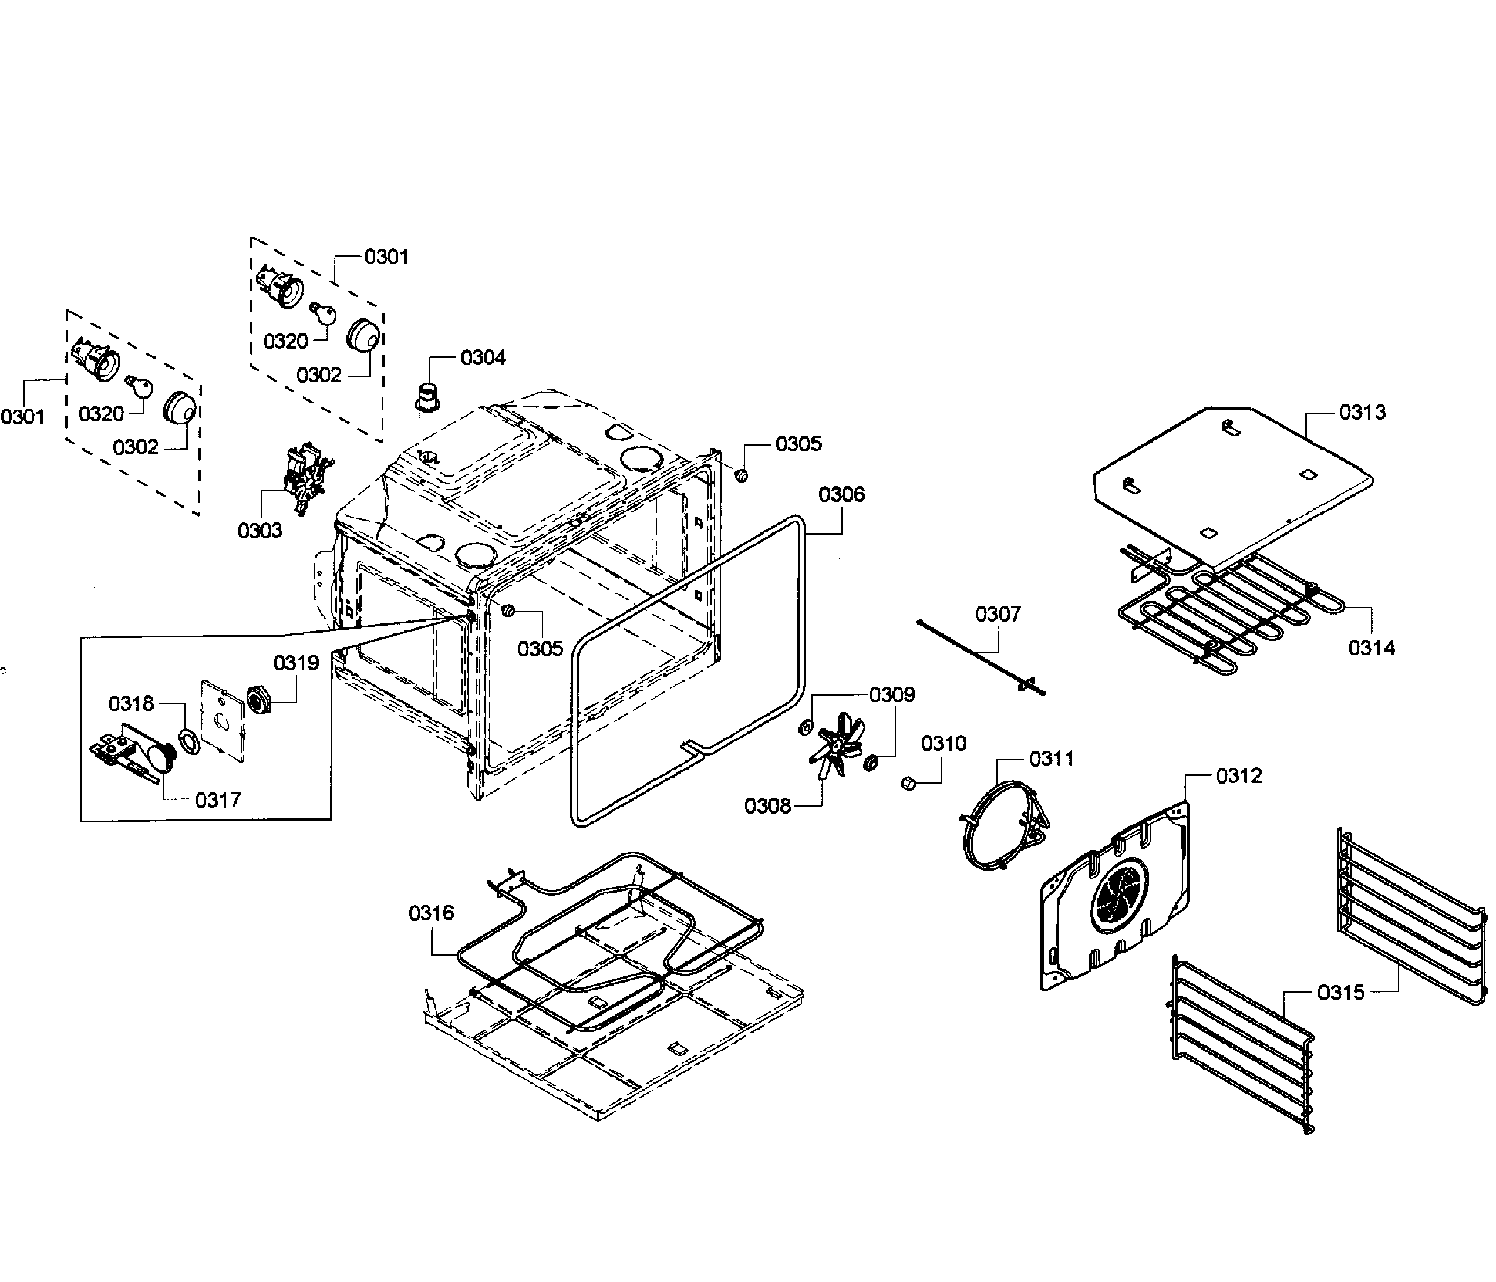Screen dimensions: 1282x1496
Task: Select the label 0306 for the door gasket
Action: (x=841, y=494)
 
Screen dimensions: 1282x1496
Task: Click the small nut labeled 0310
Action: (x=909, y=784)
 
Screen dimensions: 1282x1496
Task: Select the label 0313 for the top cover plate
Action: (x=1362, y=412)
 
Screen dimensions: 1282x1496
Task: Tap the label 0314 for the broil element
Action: (x=1371, y=648)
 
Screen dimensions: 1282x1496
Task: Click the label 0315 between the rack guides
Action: (x=1341, y=993)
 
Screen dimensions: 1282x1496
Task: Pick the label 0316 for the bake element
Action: (x=431, y=913)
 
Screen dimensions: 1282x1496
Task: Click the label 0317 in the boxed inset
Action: (x=217, y=800)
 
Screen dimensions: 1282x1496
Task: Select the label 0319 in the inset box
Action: (x=296, y=663)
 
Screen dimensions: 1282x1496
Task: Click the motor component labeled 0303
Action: (x=307, y=477)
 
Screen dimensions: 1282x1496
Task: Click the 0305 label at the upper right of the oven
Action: (x=798, y=444)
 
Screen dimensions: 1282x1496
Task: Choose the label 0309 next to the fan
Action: (x=892, y=694)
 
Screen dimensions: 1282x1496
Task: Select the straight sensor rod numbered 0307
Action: (x=980, y=656)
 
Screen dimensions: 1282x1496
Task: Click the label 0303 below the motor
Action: (x=260, y=531)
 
